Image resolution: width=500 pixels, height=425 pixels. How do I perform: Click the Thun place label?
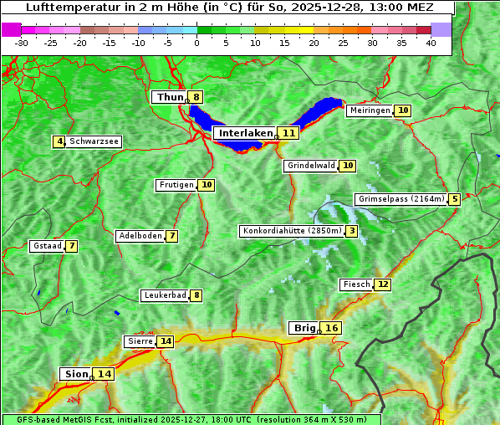pos(169,97)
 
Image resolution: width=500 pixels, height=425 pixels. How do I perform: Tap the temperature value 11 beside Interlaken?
pos(289,133)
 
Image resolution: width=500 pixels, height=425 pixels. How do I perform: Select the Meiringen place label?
pos(370,110)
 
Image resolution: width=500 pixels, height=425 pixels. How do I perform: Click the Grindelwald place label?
pos(311,166)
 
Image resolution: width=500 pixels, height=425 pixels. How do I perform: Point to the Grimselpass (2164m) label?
pos(401,199)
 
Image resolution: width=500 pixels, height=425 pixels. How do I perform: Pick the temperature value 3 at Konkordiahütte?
pos(352,231)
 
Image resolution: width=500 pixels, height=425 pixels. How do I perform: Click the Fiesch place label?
pos(356,284)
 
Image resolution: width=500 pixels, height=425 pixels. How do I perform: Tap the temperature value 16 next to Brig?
pos(332,328)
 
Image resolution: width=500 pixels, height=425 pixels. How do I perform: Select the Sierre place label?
pos(140,341)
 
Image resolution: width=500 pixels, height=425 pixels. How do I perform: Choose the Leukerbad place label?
pos(164,295)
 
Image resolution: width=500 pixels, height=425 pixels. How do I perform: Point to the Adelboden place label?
pos(140,236)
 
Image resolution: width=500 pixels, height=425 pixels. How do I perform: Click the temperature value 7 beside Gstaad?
pos(72,246)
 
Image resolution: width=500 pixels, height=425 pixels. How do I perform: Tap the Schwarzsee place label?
pos(94,141)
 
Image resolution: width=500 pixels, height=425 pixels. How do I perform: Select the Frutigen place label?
pos(176,185)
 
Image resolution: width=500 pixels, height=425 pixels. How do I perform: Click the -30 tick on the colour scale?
pos(21,43)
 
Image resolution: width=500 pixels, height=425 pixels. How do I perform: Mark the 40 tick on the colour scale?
pos(431,43)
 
